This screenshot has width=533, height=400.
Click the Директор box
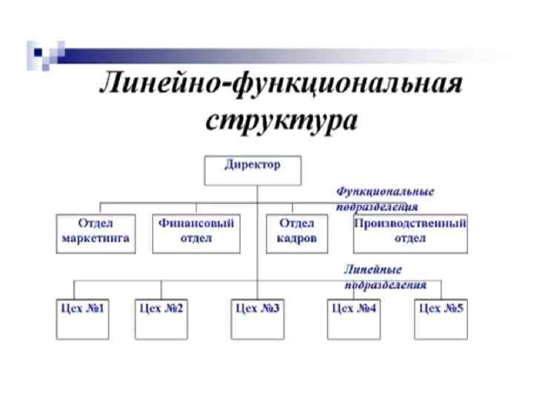tap(252, 170)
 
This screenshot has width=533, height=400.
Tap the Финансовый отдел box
tap(197, 233)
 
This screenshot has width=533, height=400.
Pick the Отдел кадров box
tap(296, 233)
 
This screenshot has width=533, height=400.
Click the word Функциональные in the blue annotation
tap(385, 191)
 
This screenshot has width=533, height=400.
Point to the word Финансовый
tap(197, 223)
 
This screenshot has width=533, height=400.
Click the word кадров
tap(296, 239)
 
